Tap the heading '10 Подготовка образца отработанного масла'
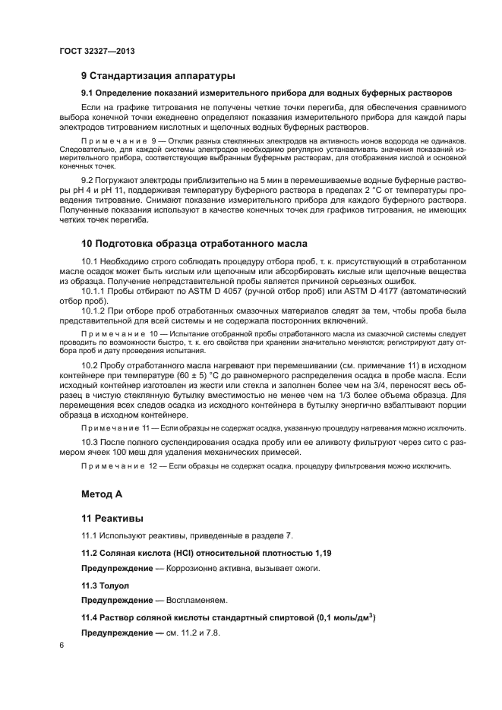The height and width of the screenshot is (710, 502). coord(194,244)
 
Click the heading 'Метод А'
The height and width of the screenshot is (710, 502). coord(101,494)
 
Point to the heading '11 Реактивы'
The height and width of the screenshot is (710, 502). coord(112,519)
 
